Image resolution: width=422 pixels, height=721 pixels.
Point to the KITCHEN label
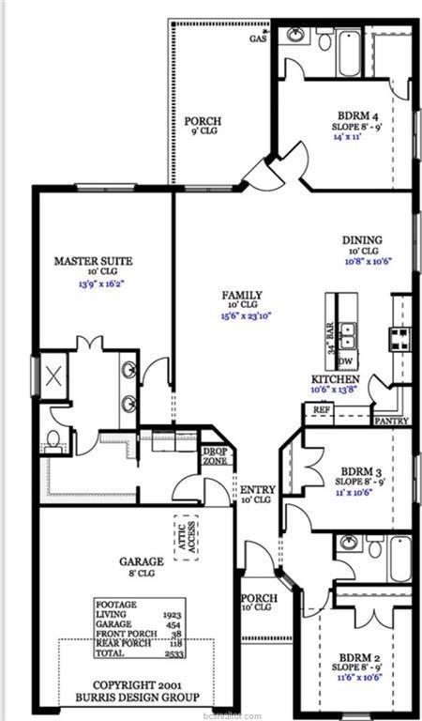(x=335, y=379)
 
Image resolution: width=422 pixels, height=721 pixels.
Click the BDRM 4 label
(x=353, y=115)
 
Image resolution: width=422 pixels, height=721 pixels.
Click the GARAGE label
(x=141, y=561)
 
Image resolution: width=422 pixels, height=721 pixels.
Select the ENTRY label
(x=258, y=489)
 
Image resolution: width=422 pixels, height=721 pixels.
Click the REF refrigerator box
(x=322, y=410)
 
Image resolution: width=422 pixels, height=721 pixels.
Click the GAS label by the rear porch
(x=256, y=39)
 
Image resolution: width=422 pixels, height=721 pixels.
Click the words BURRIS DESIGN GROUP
(x=138, y=697)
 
